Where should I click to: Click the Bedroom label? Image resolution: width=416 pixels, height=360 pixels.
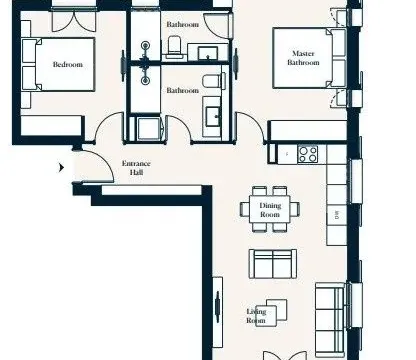68,65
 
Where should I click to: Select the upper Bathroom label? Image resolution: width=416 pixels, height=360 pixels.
182,24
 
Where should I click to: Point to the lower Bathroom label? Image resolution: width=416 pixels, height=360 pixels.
182,90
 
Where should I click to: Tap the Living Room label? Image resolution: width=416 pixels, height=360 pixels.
258,316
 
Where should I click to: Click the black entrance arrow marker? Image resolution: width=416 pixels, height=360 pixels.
63,168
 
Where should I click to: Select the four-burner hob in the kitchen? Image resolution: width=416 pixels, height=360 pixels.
308,154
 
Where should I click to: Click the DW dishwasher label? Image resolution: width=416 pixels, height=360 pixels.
337,214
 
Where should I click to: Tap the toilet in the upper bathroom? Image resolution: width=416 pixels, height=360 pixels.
172,45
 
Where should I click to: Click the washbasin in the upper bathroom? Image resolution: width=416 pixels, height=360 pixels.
209,51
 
